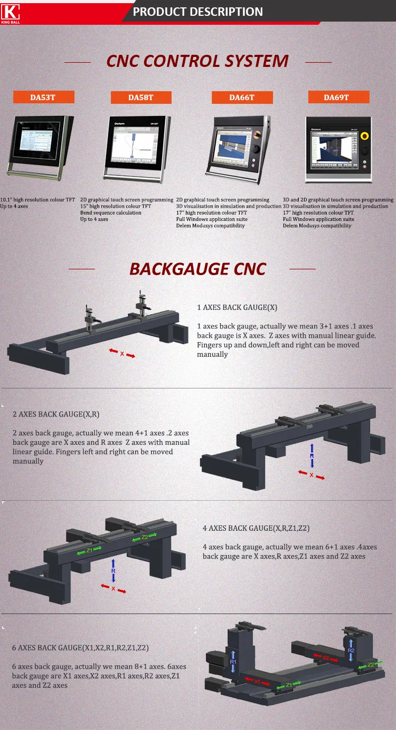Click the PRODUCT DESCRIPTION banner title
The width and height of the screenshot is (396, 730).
(x=197, y=12)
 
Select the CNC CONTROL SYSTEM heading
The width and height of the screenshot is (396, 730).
(x=197, y=61)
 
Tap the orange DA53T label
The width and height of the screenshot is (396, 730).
(x=43, y=97)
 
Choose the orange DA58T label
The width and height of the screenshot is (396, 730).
(x=141, y=98)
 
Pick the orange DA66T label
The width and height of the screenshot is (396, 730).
(x=242, y=98)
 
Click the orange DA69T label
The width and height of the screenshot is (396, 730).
(x=338, y=97)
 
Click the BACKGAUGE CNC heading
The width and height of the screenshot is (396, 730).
(x=197, y=269)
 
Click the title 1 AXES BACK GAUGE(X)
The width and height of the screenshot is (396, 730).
(x=237, y=307)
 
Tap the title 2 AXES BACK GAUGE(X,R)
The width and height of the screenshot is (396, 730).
(x=56, y=414)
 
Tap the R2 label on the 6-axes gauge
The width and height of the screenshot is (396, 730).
(x=351, y=651)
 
